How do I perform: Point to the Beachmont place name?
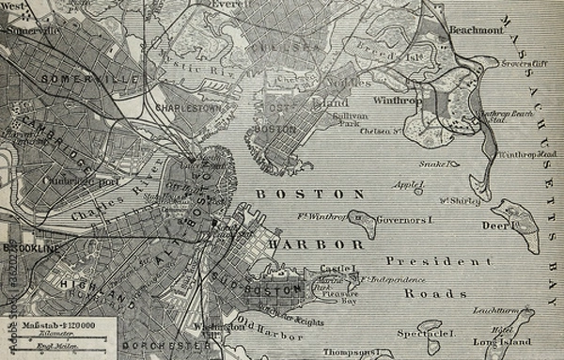click(x=478, y=30)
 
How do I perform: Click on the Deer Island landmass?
click(x=516, y=226)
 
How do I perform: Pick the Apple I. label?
click(x=408, y=185)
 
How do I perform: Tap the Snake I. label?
click(x=433, y=164)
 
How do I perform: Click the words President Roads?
click(x=422, y=276)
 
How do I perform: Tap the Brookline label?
click(x=30, y=247)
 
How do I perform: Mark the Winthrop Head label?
click(x=528, y=153)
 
